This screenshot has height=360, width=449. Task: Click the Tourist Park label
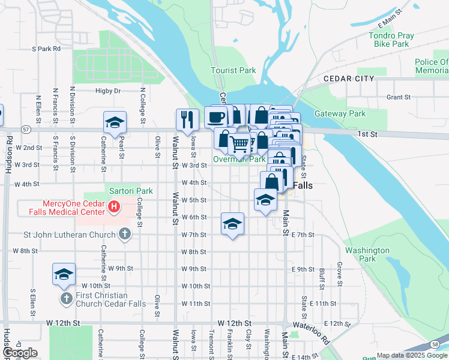pos(233,70)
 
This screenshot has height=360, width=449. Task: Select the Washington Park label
pos(367,254)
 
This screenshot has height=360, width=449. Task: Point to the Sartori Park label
pos(131,191)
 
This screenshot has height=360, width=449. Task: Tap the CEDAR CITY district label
pos(348,79)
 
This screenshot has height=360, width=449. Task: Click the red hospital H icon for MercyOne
pos(114,208)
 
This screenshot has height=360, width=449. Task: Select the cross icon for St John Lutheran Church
pos(124,233)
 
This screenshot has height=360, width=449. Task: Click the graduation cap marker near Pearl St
pos(115,122)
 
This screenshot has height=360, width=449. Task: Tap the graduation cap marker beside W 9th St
pos(64,274)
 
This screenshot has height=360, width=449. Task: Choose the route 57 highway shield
pos(25,129)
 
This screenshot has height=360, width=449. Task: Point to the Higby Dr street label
pos(108,91)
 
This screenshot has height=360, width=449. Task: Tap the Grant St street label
pos(397,97)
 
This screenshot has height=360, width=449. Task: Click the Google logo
pos(20,353)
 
